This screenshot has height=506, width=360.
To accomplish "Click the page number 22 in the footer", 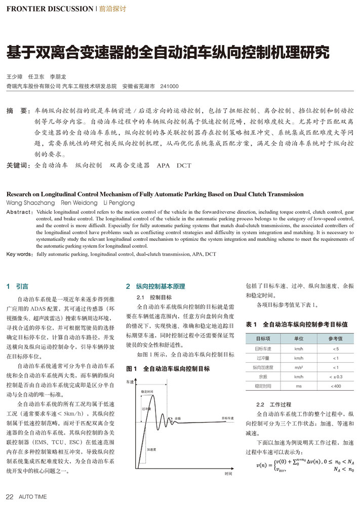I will pos(9,496).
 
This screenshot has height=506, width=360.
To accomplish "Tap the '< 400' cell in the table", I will pos(335,386).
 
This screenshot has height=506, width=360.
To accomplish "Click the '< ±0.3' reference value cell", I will pos(335,376).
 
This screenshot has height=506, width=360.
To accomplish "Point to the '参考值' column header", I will pos(335,339).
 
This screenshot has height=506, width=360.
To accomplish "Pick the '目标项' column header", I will pos(263,339).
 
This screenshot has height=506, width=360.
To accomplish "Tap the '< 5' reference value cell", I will pos(335,349).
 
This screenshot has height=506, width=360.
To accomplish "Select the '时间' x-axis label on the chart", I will pos(228,474).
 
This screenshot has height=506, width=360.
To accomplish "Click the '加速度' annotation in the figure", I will pos(151,449).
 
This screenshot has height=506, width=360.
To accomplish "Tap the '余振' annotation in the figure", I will pos(178,419).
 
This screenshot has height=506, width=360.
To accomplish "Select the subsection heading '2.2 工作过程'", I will pos(268,405).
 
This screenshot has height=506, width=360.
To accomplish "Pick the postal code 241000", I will pos(169,87).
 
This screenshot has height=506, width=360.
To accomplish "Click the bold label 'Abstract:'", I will pos(20,211).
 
